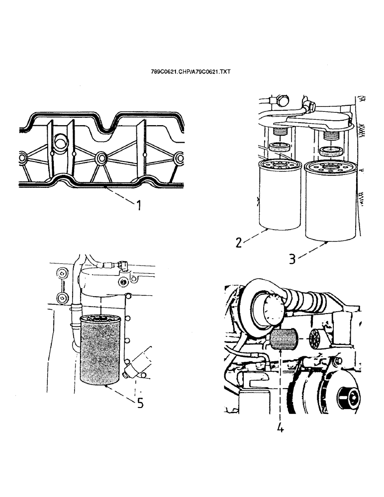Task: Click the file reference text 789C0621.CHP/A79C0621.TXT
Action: point(191,72)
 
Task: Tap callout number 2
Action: point(239,243)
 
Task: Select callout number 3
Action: point(293,258)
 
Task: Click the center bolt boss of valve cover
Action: point(100,159)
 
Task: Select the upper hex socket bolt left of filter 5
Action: point(62,274)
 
